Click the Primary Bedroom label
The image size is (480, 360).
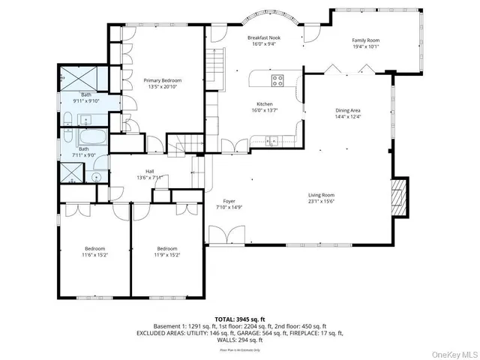(x=162, y=80)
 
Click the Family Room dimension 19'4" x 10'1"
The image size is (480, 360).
(x=366, y=47)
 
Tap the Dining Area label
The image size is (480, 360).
(x=347, y=110)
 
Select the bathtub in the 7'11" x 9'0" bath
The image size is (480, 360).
(x=82, y=137)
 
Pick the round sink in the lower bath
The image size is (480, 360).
(x=97, y=178)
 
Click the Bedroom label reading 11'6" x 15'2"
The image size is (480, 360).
(x=94, y=249)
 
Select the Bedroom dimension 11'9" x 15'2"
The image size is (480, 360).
(x=167, y=255)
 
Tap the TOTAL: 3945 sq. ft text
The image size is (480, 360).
(x=240, y=319)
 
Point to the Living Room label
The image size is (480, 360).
(x=320, y=195)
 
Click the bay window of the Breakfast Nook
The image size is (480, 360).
(x=267, y=14)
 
